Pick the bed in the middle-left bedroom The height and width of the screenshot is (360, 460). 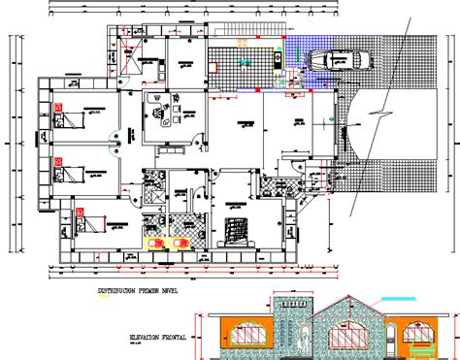point(70,174)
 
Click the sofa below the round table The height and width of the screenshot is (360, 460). point(160,125)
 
